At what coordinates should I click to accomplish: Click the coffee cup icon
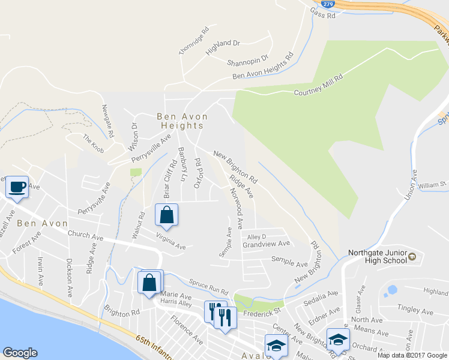pos(17,187)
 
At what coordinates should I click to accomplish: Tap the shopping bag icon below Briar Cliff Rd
pos(167,215)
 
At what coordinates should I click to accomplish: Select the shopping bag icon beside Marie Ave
pos(149,282)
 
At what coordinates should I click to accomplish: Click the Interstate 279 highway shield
pos(328,4)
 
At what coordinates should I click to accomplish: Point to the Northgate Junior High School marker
pos(412,257)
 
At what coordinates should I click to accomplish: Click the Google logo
pos(20,353)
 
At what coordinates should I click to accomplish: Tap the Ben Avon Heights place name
pos(182,121)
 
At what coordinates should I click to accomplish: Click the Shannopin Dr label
pos(247,61)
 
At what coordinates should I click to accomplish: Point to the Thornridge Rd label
pos(193,41)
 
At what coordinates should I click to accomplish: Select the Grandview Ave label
pos(266,244)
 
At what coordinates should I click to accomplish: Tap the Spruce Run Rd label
pos(209,286)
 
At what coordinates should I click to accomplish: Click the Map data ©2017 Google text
pos(412,355)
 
